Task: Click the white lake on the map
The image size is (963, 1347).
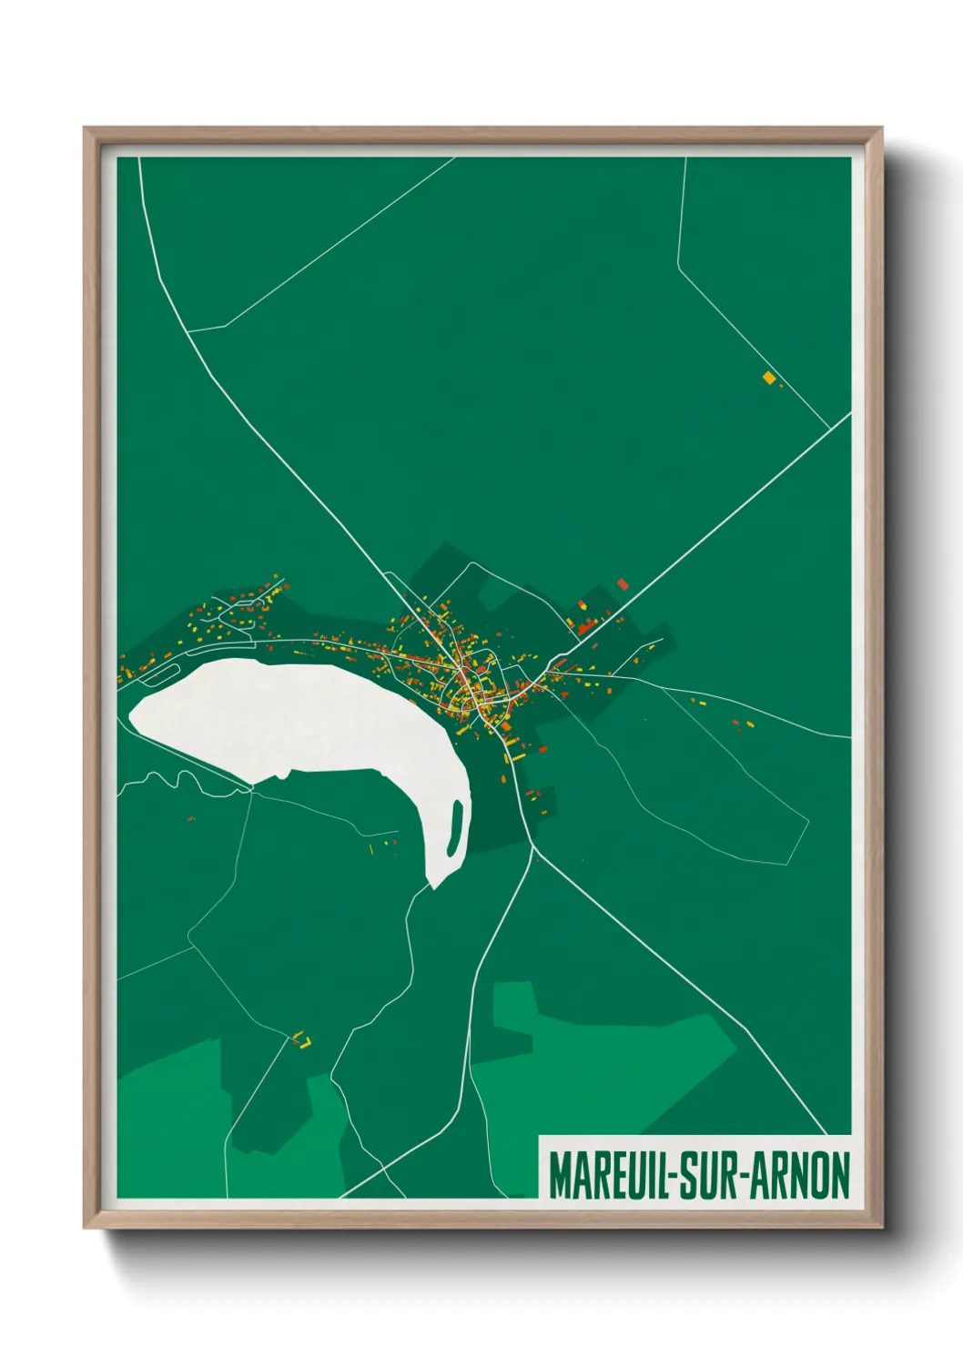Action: [x=300, y=719]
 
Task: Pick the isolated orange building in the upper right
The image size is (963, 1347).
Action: [x=769, y=378]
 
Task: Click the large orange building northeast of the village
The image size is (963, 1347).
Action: [x=623, y=583]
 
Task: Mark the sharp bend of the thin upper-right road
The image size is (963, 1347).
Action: [x=678, y=266]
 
